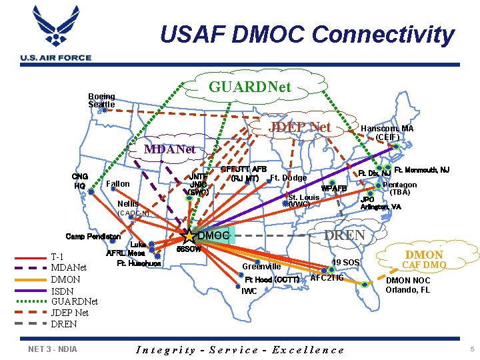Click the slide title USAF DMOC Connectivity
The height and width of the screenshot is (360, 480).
pos(307,34)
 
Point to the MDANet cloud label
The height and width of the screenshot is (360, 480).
pos(170,149)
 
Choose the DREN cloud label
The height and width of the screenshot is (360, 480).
pos(344,235)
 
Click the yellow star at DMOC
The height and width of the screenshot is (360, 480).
pos(189,236)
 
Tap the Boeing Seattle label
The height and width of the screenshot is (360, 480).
pos(101,101)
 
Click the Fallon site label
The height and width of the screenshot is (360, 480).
pos(118,183)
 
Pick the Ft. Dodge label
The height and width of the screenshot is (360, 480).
pos(288,177)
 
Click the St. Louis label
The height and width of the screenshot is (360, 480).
pos(303,197)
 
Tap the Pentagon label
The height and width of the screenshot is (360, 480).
pos(400,185)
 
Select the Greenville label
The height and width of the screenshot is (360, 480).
pos(261,267)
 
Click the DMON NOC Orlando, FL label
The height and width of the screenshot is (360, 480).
pos(408,285)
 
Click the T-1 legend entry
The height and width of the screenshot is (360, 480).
pos(57,257)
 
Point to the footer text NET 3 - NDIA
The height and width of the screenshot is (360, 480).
pos(53,349)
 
